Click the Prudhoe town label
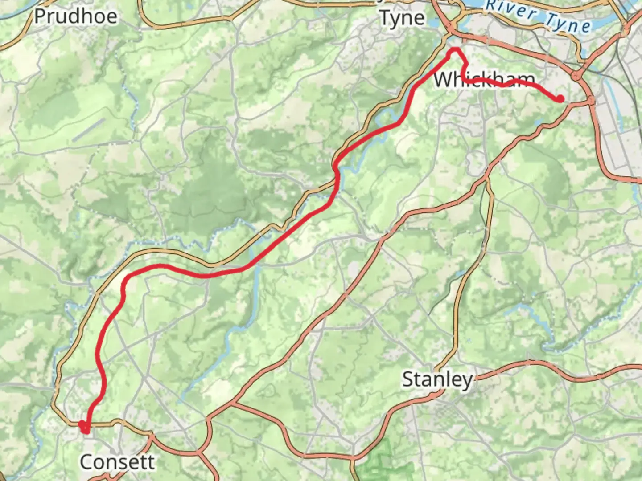click(76, 16)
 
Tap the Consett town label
click(117, 462)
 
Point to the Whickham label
click(484, 80)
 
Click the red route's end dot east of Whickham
click(560, 99)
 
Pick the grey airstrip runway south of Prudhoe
click(89, 130)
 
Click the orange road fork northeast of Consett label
click(152, 434)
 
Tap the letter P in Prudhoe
click(41, 16)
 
